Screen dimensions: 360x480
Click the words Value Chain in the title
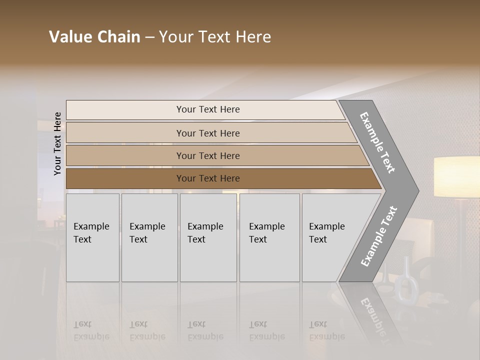(94, 37)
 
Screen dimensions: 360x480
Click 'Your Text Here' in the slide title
(215, 37)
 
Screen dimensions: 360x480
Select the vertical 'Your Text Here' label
(58, 143)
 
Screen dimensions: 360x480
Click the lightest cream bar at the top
(207, 109)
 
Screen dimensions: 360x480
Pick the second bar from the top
(207, 133)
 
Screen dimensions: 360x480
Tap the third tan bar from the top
(207, 155)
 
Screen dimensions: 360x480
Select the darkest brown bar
(207, 178)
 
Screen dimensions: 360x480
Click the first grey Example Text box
(92, 237)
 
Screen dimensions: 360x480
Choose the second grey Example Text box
(149, 237)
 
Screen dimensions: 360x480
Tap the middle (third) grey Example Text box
(208, 237)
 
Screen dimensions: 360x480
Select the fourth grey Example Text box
(269, 237)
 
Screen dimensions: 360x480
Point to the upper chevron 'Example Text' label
(378, 142)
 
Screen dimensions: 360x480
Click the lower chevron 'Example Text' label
(378, 236)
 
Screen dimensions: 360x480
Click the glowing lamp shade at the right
(456, 176)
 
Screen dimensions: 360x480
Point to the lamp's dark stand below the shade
(462, 225)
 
